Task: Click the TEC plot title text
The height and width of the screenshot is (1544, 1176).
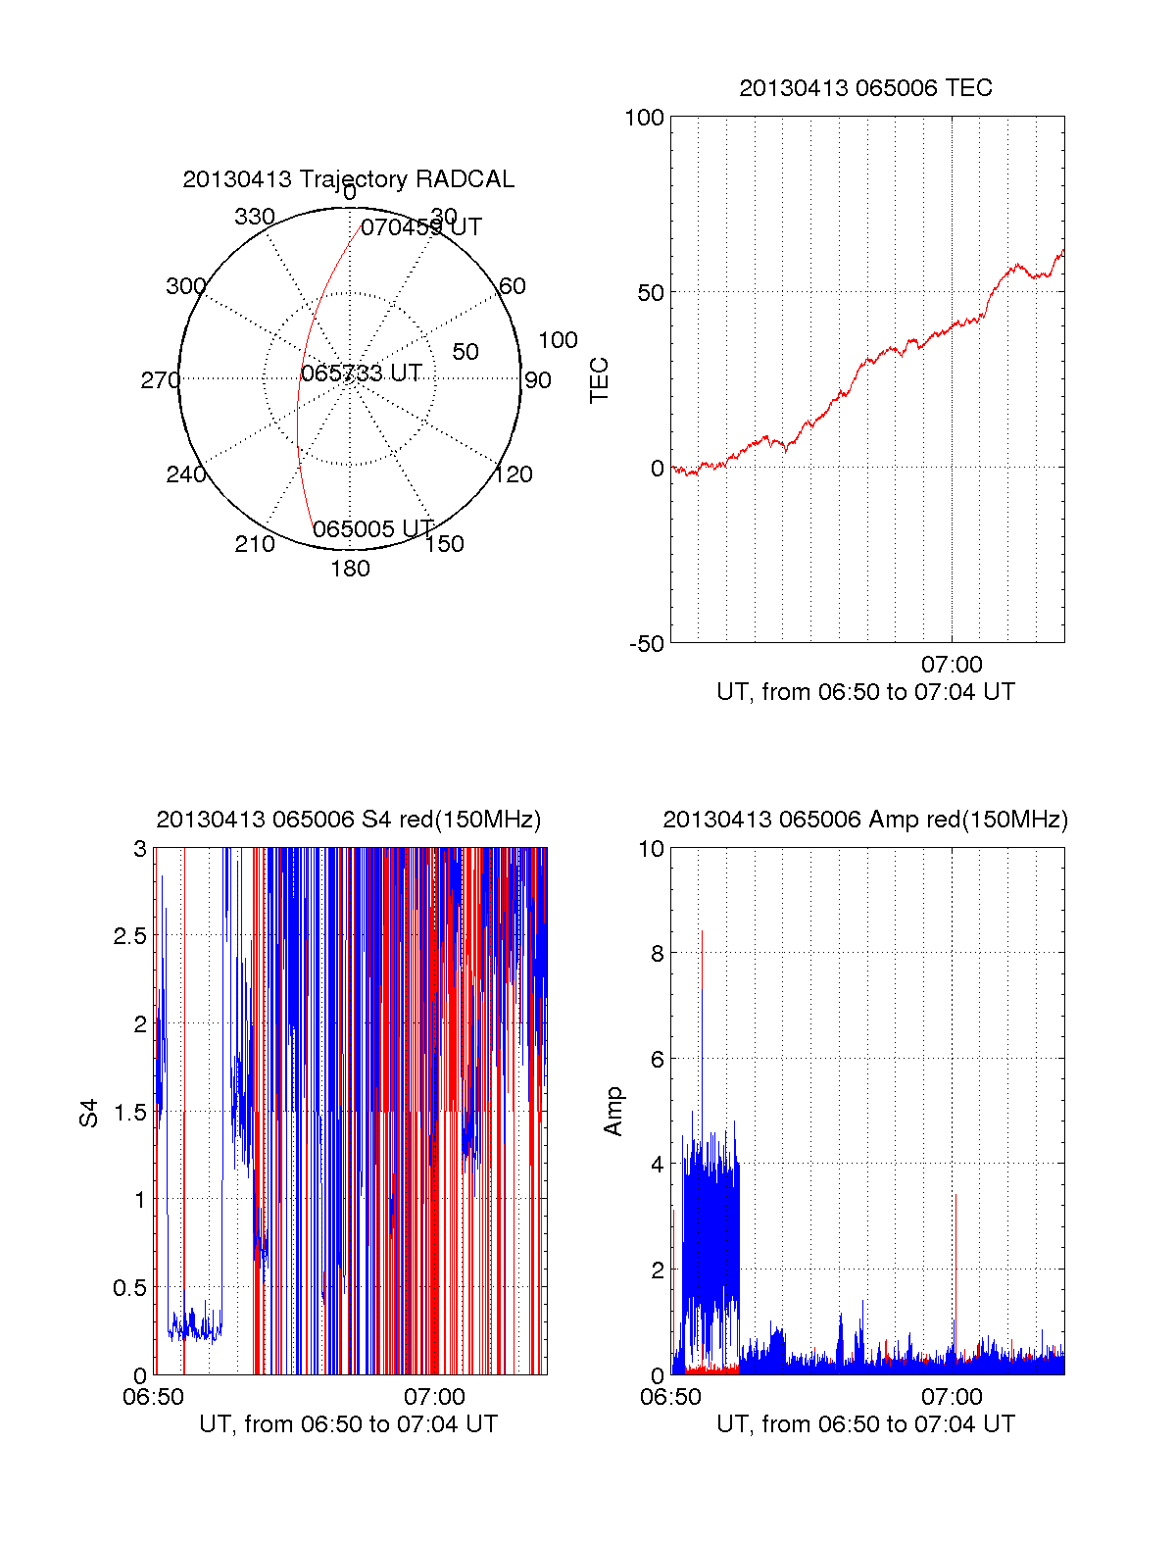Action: click(x=865, y=88)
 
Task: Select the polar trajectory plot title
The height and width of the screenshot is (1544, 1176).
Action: click(x=348, y=179)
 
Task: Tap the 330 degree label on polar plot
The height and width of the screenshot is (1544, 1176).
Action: click(x=255, y=217)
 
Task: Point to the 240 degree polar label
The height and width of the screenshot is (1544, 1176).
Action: click(x=186, y=474)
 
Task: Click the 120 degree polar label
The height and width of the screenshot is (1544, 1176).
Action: click(x=514, y=474)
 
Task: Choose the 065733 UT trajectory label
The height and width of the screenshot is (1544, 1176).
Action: click(x=362, y=374)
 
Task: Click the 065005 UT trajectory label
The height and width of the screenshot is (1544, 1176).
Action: click(x=373, y=529)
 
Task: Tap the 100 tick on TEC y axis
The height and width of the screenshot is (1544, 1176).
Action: click(x=644, y=118)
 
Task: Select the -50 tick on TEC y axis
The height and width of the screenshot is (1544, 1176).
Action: click(x=647, y=644)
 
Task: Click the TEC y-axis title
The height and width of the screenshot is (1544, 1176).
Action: click(x=599, y=380)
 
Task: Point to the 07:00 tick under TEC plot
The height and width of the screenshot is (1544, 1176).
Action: click(x=952, y=665)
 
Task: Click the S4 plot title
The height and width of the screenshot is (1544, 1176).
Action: click(x=348, y=820)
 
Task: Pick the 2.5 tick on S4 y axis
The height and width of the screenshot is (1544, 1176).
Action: click(x=129, y=936)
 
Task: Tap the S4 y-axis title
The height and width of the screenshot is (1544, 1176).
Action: click(x=89, y=1113)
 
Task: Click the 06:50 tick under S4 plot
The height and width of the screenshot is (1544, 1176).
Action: click(x=153, y=1397)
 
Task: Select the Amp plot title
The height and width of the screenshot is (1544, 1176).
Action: click(x=865, y=820)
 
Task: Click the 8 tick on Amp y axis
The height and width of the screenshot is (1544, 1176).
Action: click(x=658, y=954)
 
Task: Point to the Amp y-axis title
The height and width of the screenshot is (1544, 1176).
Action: click(x=613, y=1112)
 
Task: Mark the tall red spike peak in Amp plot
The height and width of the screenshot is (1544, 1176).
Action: click(x=702, y=932)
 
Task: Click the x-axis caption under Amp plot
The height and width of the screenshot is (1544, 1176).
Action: click(x=865, y=1424)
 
